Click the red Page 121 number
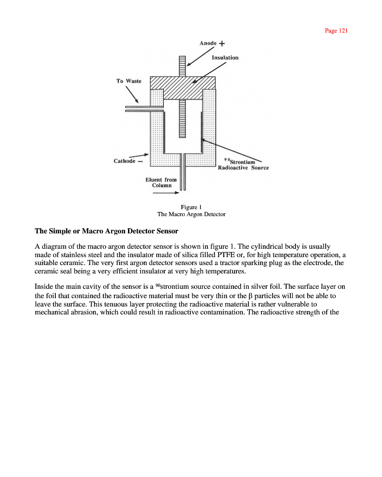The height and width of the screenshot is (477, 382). (x=336, y=31)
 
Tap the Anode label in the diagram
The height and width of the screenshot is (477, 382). (x=208, y=43)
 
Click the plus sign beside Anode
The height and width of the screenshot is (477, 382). (x=221, y=44)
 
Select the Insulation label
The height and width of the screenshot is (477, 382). (x=225, y=58)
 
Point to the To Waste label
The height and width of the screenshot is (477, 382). (x=128, y=81)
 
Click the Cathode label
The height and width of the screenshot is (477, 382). (x=125, y=161)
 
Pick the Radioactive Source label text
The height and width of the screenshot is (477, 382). (x=243, y=168)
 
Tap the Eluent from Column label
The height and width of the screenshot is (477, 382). (x=161, y=182)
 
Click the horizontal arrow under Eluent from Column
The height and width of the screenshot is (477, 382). (x=162, y=193)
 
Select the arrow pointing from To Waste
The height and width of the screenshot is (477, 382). (x=132, y=95)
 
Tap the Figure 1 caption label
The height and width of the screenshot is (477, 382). (x=191, y=207)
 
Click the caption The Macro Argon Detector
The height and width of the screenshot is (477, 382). (x=191, y=214)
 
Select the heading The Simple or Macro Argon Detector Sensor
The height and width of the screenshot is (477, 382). (x=107, y=231)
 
